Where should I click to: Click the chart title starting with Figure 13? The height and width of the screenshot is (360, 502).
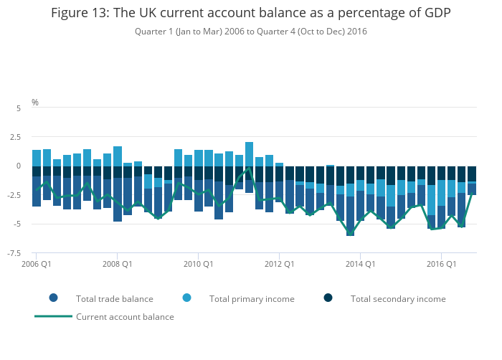(x=251, y=14)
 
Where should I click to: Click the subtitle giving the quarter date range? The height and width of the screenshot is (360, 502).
(x=251, y=32)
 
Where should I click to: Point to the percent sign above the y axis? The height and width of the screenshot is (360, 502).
(x=35, y=103)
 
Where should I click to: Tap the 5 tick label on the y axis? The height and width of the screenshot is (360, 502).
(x=19, y=108)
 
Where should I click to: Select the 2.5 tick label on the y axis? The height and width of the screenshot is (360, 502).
(x=16, y=137)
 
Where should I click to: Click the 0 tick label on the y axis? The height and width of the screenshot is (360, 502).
(x=19, y=166)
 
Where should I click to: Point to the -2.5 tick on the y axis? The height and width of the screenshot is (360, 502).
(x=15, y=195)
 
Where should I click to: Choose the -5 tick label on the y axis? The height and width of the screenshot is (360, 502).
(x=17, y=224)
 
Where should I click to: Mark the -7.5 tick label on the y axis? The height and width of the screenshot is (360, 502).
(x=15, y=253)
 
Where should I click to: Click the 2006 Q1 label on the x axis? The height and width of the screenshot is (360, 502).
(x=37, y=264)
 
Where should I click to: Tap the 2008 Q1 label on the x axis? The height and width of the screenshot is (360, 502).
(x=118, y=264)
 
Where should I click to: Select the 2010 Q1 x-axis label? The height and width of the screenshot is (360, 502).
(x=199, y=264)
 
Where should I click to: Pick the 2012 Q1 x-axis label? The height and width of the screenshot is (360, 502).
(x=280, y=264)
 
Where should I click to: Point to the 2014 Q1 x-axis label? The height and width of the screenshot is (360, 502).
(x=361, y=264)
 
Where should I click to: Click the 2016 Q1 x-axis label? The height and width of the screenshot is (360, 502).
(x=442, y=264)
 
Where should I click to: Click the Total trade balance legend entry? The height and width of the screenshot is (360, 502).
(x=114, y=298)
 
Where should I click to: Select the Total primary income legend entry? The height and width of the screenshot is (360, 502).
(x=247, y=298)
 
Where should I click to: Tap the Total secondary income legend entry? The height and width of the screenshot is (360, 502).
(x=398, y=298)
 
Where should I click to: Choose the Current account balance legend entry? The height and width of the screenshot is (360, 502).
(x=125, y=316)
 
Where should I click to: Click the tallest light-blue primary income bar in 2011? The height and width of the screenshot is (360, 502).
(x=249, y=154)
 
